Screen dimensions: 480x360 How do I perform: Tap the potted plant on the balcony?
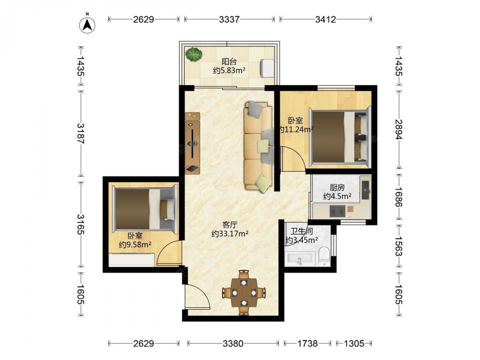click(x=194, y=54)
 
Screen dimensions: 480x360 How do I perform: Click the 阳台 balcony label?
click(x=229, y=61)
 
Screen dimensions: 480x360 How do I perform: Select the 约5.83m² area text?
click(x=229, y=71)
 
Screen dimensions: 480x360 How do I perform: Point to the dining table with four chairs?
click(x=244, y=293)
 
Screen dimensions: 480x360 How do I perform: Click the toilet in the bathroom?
click(x=324, y=256)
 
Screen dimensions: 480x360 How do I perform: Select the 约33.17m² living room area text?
click(x=229, y=234)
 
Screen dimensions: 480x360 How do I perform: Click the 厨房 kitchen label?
click(x=337, y=187)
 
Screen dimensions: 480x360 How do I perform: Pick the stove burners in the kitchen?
click(x=337, y=211)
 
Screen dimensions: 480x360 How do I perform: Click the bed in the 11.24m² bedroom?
click(x=340, y=136)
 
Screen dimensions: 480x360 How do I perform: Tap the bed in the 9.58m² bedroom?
click(x=145, y=209)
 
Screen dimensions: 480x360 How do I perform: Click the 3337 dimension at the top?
click(x=229, y=20)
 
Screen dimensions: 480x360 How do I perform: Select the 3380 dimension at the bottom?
click(x=233, y=344)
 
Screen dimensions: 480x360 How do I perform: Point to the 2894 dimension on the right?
click(x=398, y=130)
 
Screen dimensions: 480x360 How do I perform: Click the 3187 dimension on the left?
click(x=81, y=133)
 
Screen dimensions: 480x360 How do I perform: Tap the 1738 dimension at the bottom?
click(x=307, y=344)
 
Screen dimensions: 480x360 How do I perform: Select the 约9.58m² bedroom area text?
click(x=135, y=245)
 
